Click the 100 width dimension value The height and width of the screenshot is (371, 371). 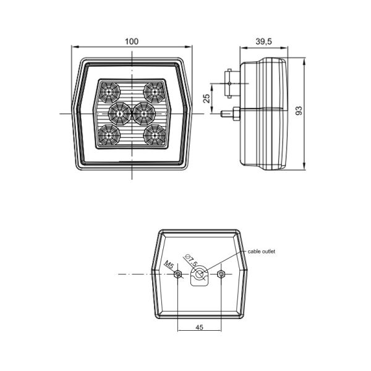[132, 41]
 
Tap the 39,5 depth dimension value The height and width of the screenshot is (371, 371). [263, 41]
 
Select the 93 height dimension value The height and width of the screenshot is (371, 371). [299, 111]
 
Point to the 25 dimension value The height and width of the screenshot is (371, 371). [207, 98]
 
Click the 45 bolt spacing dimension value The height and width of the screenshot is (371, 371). [199, 327]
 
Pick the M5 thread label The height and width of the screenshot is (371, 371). [169, 265]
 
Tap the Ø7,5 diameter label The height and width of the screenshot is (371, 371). [191, 260]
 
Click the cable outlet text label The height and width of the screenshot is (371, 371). [261, 251]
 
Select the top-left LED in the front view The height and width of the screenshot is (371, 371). [109, 92]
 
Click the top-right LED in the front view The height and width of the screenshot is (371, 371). [155, 92]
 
